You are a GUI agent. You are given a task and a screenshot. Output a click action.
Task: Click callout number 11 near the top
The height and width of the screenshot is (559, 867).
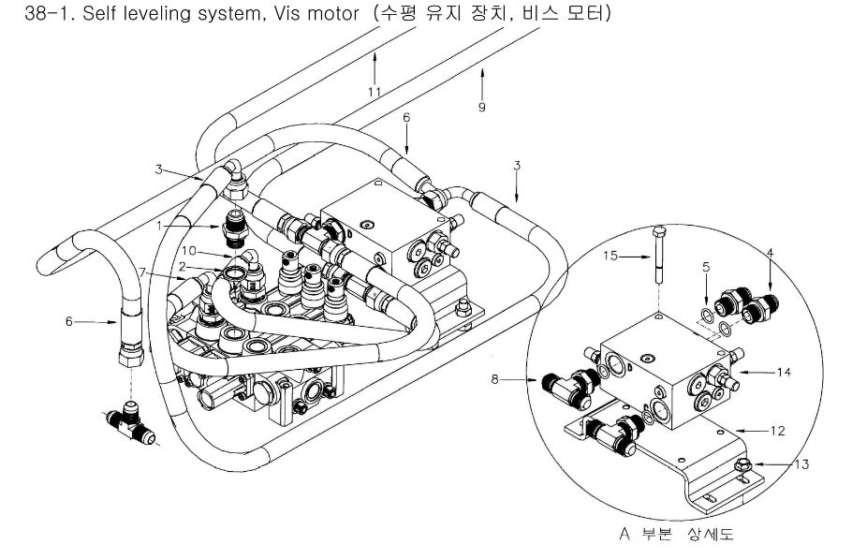(374, 92)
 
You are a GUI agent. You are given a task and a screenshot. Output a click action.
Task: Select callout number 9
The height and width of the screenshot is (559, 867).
(481, 108)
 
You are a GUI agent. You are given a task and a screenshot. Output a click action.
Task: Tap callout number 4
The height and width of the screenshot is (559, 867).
(770, 251)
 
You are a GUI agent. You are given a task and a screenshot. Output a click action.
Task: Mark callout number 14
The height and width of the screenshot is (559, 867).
(786, 372)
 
